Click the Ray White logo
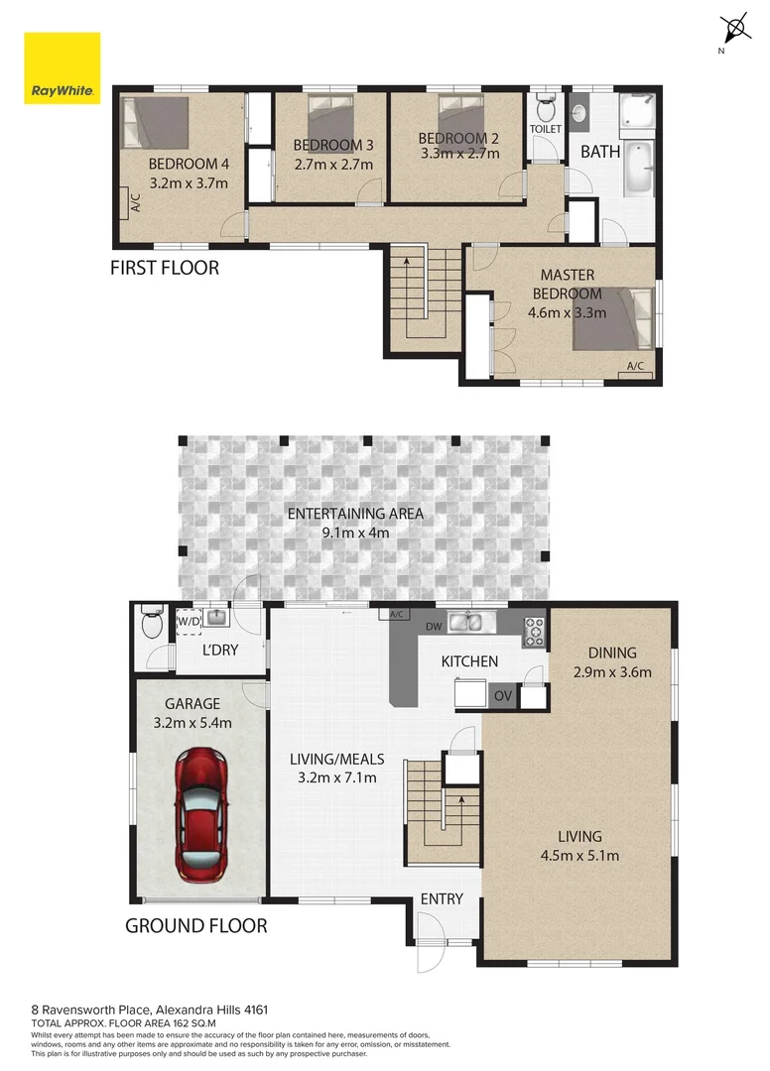[x=62, y=68]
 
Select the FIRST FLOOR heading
[x=164, y=268]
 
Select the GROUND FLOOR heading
[x=195, y=926]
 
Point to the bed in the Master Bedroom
[x=613, y=317]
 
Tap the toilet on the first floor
[x=545, y=107]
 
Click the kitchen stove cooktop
[x=534, y=628]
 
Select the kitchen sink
[x=469, y=623]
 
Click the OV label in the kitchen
[x=503, y=696]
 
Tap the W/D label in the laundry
[x=188, y=622]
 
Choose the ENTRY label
[x=442, y=898]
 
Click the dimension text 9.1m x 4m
[x=355, y=533]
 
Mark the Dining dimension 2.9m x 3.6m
[x=612, y=671]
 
